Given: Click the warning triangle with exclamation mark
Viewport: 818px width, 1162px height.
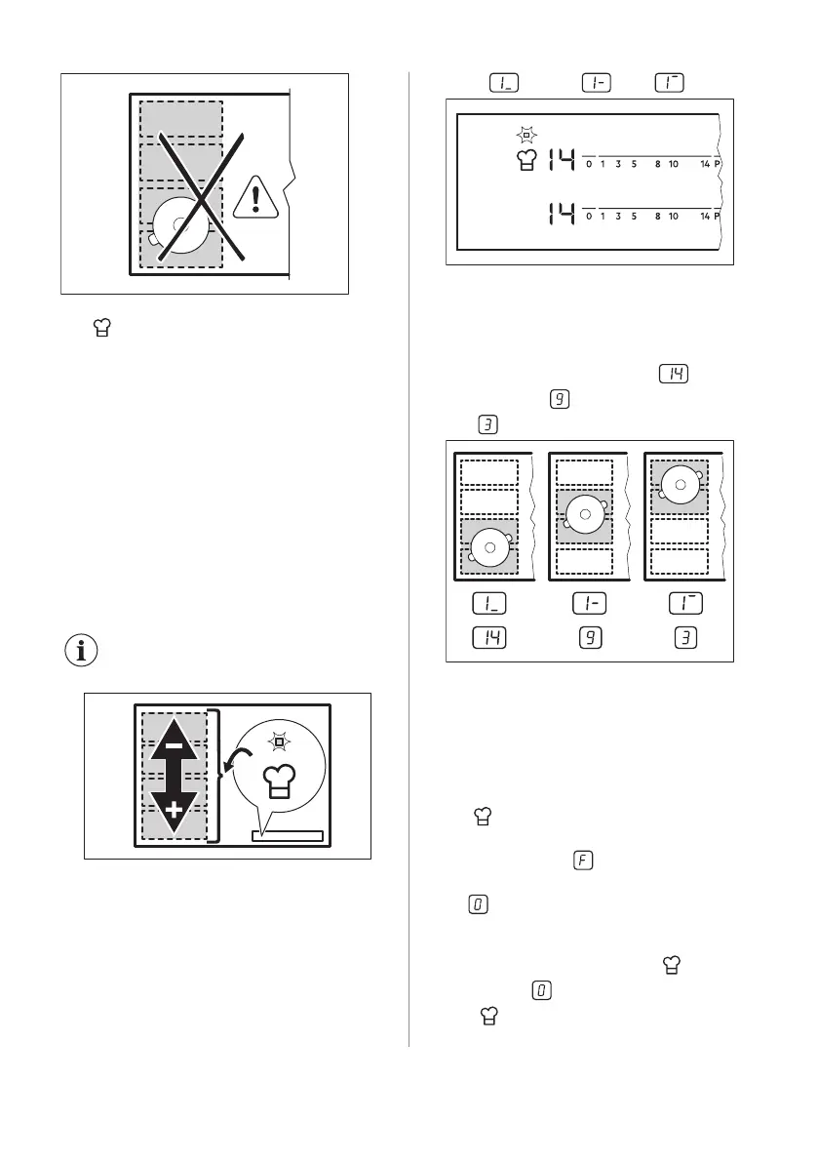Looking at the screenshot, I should [255, 198].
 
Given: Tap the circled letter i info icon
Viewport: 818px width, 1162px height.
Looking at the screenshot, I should [83, 651].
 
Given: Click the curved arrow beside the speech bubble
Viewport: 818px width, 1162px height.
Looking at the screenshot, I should [235, 761].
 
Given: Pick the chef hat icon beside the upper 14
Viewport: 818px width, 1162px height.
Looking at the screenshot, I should [526, 161].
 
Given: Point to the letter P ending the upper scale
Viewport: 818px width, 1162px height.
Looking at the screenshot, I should [717, 165].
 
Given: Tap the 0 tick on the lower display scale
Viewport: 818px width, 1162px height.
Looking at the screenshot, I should [589, 217].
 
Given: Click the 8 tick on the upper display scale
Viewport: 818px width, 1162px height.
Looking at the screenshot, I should [658, 165].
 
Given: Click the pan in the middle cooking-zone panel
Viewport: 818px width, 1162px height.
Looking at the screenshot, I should [584, 512].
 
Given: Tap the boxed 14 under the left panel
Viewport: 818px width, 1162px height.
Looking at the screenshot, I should [489, 639].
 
